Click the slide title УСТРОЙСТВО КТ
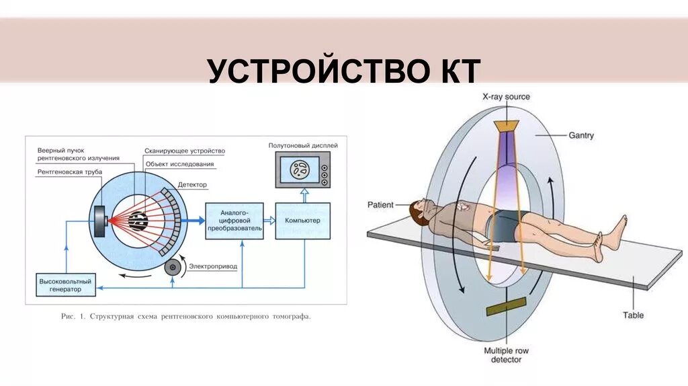coord(343,71)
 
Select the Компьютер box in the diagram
coord(302,220)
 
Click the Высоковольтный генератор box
coord(65,284)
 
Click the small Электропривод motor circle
coord(173,268)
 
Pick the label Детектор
coord(193,184)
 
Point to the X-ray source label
coord(506,97)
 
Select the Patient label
coord(380,204)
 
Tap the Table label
coord(633,315)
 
